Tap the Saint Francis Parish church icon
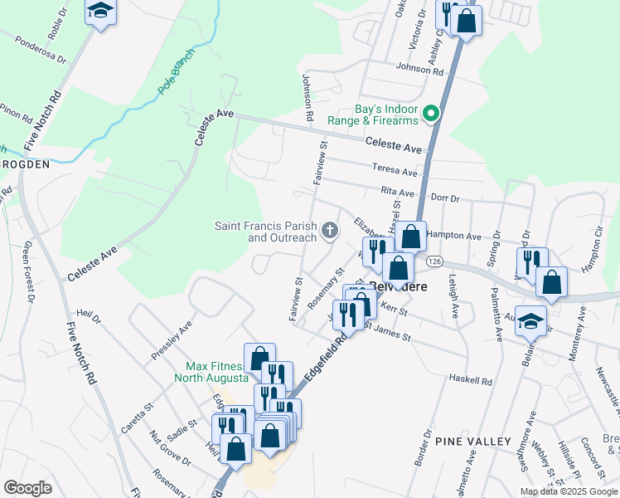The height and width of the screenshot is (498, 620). tap(330, 231)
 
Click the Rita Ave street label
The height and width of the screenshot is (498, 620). tap(397, 191)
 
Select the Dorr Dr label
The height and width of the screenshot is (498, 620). tap(445, 198)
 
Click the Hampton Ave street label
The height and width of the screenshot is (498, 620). tap(455, 236)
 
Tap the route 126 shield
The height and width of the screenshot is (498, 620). tap(434, 261)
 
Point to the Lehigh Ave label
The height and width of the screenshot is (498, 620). tap(455, 297)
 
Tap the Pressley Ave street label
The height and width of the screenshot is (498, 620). tap(172, 340)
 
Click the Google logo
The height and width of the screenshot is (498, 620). tap(27, 487)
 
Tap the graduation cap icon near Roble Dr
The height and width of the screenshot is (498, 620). tap(101, 12)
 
